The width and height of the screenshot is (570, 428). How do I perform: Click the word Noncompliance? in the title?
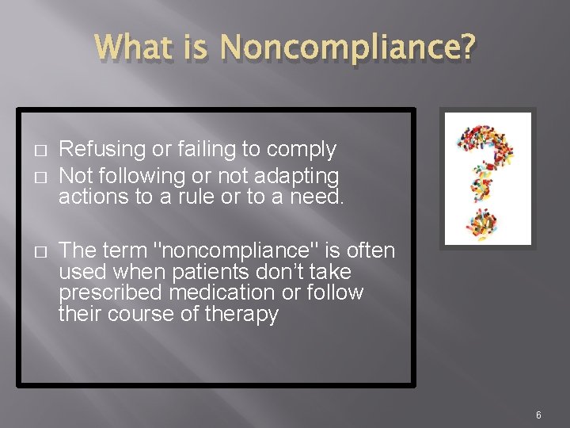349,49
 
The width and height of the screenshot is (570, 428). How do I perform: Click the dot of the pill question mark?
487,222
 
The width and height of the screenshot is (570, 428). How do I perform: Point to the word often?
368,251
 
